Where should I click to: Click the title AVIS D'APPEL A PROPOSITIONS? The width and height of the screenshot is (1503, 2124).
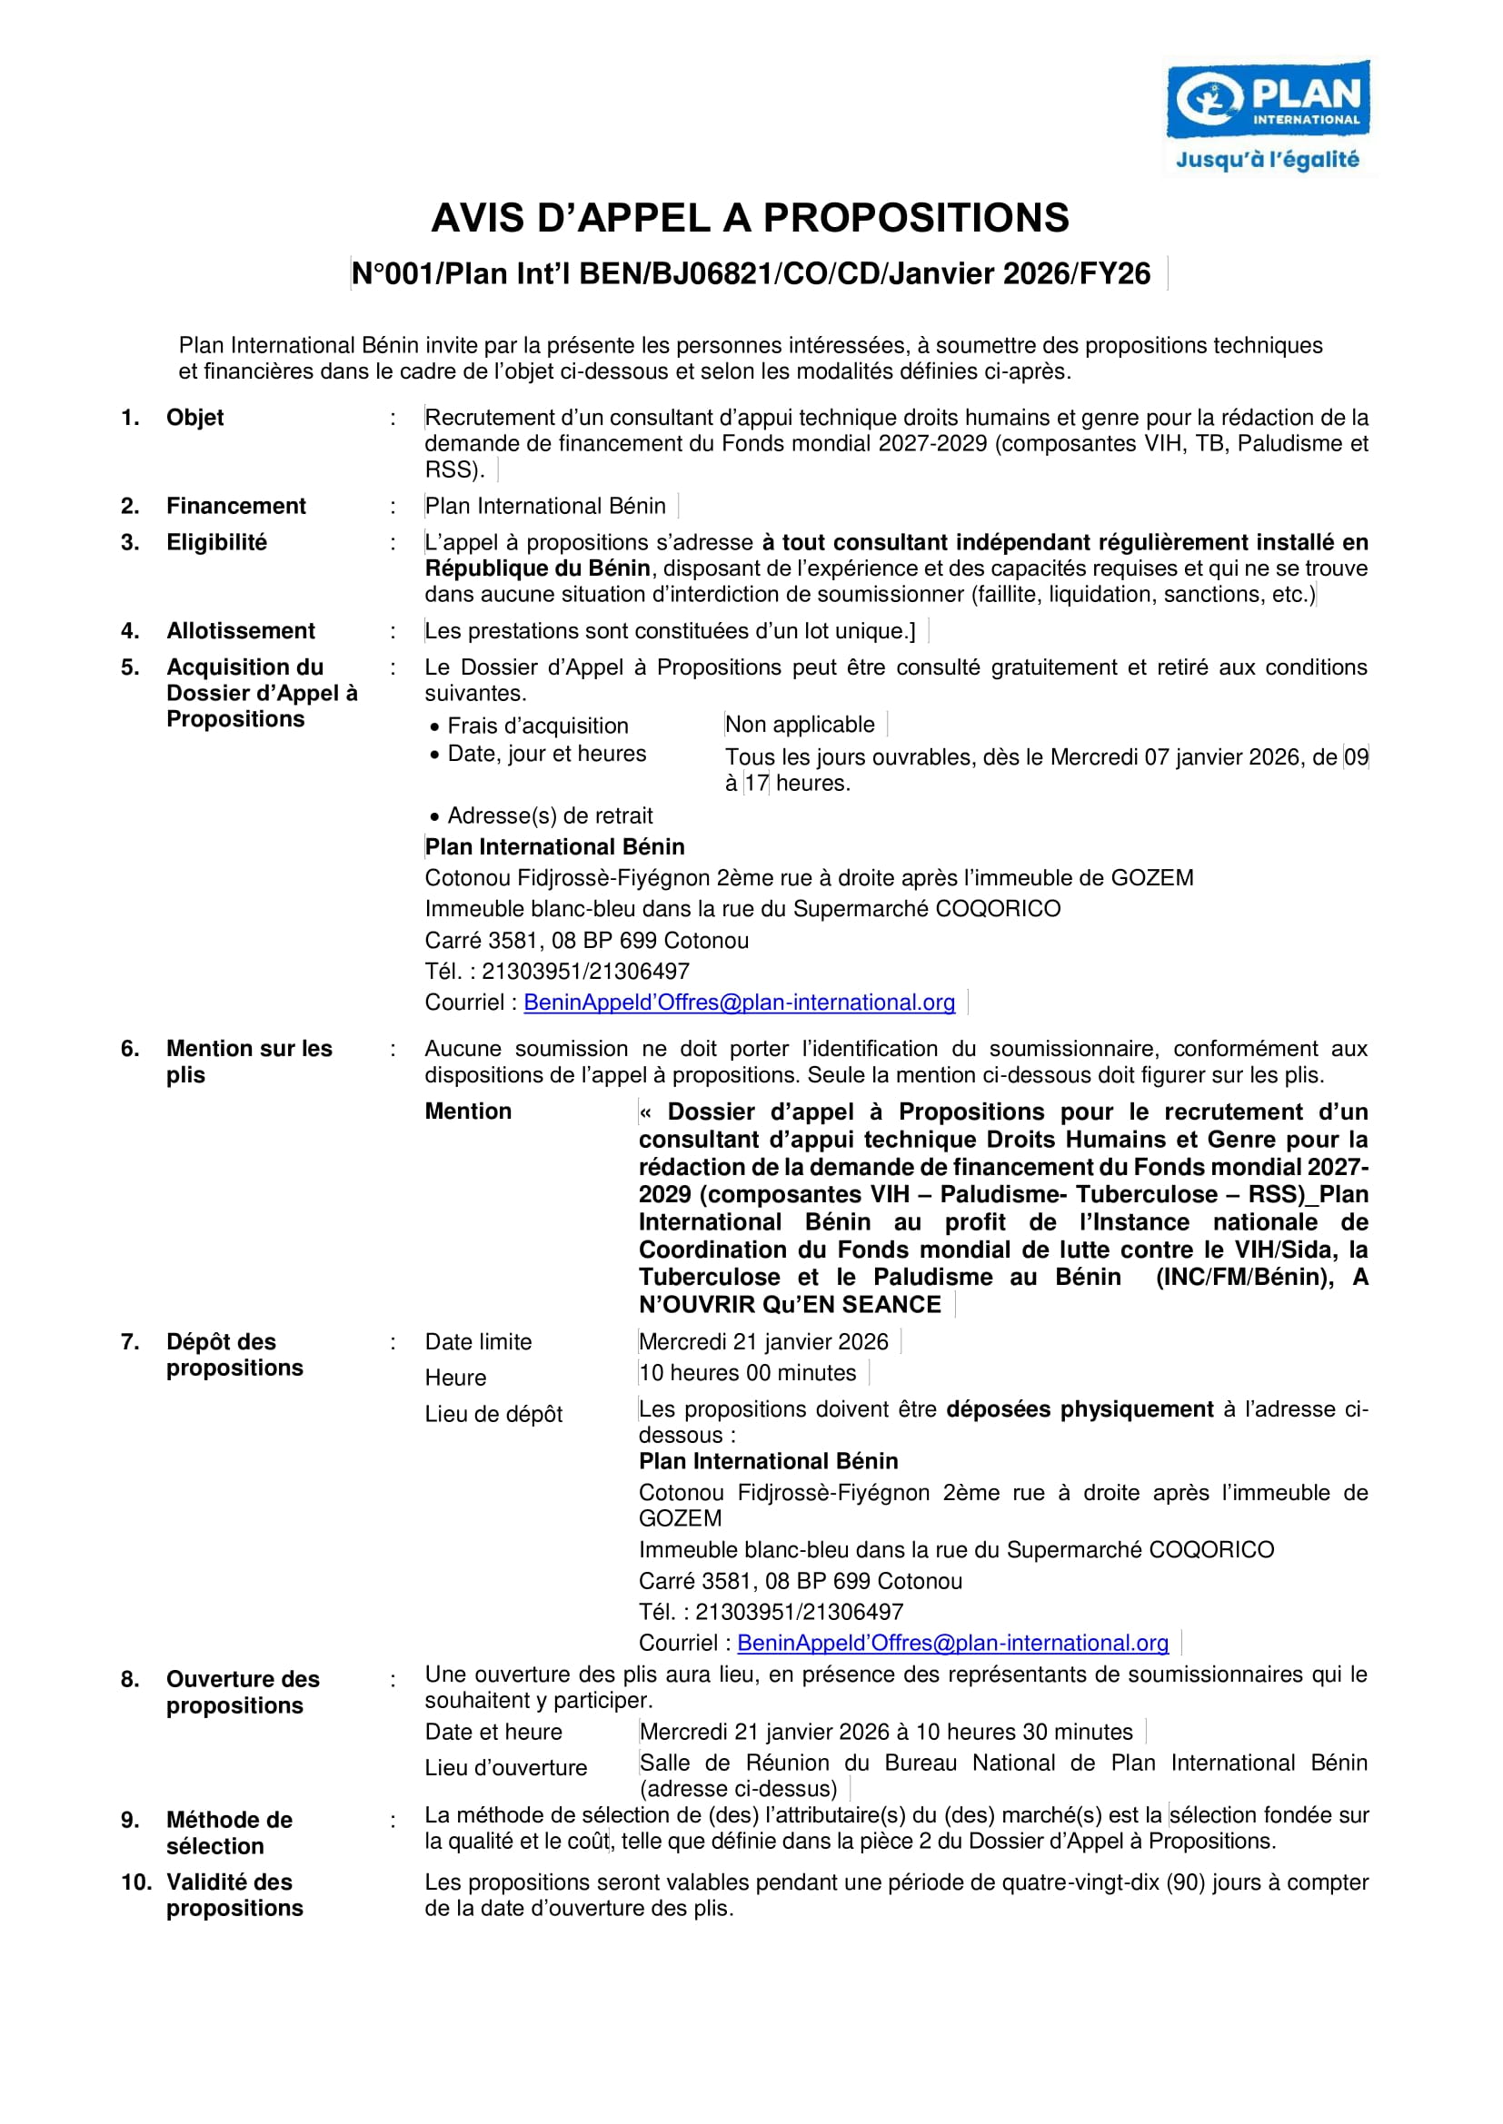point(750,218)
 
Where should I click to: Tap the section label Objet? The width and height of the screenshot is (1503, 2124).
point(194,417)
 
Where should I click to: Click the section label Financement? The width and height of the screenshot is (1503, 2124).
point(235,506)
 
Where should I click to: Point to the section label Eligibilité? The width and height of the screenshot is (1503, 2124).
point(215,542)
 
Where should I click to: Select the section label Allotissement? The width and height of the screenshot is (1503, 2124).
point(240,631)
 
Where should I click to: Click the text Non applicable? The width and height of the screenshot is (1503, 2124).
point(800,725)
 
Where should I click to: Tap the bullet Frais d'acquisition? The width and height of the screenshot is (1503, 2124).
point(537,726)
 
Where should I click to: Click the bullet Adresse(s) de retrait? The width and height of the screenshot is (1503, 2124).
point(550,816)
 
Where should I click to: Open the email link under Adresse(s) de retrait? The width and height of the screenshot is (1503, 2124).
point(739,1003)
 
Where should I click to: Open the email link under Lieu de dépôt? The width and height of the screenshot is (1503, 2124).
point(952,1644)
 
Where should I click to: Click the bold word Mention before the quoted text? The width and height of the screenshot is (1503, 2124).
point(467,1111)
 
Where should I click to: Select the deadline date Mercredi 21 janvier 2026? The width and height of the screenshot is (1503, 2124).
point(762,1342)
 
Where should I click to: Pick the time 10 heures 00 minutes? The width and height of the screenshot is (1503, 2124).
point(747,1374)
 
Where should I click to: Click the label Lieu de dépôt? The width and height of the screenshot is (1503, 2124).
point(493,1415)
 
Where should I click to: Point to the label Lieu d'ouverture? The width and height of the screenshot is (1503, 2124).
point(505,1768)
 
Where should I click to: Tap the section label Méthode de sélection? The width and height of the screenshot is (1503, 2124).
point(229,1833)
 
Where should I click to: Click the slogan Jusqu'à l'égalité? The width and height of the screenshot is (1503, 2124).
point(1267,160)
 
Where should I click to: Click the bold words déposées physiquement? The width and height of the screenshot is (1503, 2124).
point(1080,1410)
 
